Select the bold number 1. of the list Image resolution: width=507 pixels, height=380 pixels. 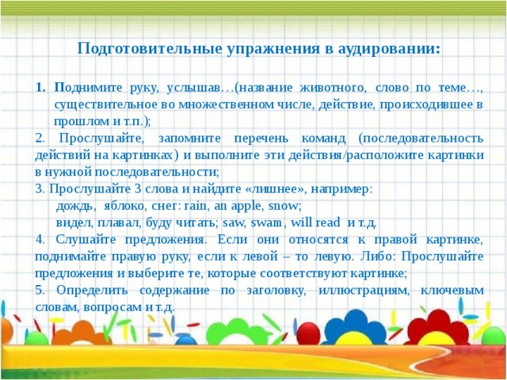pyautogui.click(x=40, y=88)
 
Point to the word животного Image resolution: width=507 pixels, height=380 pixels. pyautogui.click(x=334, y=88)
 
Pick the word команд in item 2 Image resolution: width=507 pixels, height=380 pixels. pyautogui.click(x=323, y=139)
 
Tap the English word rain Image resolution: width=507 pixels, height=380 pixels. pyautogui.click(x=194, y=206)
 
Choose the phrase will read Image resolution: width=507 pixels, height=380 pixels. pyautogui.click(x=315, y=222)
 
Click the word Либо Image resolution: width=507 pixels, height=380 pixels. pyautogui.click(x=377, y=256)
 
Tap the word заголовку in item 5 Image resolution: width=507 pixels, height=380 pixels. pyautogui.click(x=276, y=291)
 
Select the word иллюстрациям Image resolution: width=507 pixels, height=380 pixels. pyautogui.click(x=364, y=291)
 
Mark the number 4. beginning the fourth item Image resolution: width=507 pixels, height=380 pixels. pyautogui.click(x=40, y=240)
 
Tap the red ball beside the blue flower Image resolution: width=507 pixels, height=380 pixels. pyautogui.click(x=308, y=334)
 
